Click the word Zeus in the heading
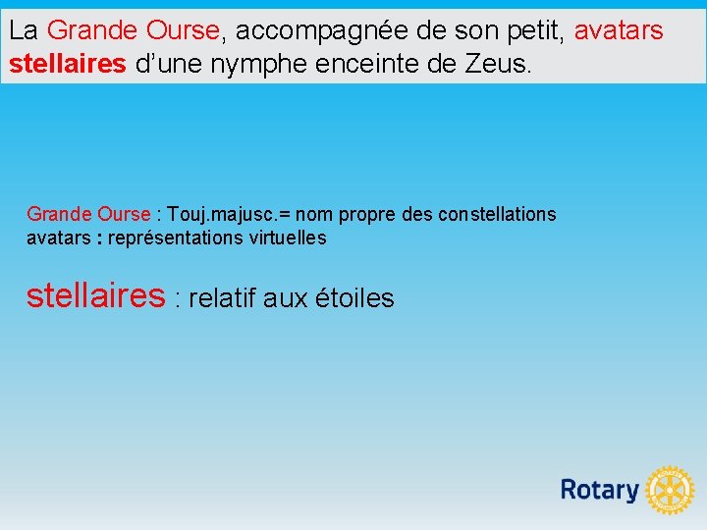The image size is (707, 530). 500,66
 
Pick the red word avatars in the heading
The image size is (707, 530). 619,30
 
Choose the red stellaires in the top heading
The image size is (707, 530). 67,66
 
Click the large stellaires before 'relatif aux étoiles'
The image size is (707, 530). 95,294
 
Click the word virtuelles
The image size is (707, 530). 289,238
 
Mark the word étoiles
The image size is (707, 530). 355,298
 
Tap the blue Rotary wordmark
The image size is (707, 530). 599,490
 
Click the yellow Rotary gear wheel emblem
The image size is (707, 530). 671,490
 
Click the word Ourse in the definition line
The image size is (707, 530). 124,214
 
